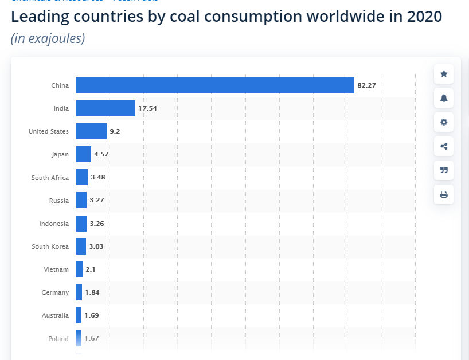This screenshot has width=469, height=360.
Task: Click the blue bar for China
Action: tap(215, 85)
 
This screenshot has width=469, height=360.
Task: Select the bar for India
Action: tap(105, 108)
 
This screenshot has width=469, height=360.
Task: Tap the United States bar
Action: tap(91, 131)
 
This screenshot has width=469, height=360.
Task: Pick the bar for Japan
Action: tap(84, 154)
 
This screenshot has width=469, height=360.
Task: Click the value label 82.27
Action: tap(366, 85)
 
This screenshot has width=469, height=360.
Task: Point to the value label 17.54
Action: tap(147, 108)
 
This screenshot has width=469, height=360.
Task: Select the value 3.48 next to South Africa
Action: tap(98, 178)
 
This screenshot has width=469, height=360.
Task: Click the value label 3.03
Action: tap(96, 246)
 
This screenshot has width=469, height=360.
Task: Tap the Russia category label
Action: tap(59, 201)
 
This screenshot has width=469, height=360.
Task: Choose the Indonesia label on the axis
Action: tap(54, 224)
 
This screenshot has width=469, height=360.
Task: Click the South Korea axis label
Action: tap(50, 246)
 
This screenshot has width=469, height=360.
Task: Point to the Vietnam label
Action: tap(56, 269)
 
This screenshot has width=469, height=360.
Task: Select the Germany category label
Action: tap(55, 292)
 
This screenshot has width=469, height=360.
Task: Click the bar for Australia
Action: tap(79, 315)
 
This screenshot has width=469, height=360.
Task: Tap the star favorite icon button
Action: tap(444, 74)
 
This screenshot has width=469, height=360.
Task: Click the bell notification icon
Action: tap(444, 98)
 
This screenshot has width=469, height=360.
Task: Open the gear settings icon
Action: tap(444, 122)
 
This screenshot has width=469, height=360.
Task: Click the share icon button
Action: tap(444, 146)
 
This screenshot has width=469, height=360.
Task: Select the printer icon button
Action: tap(444, 194)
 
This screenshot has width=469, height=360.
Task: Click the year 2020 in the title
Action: tap(424, 17)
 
